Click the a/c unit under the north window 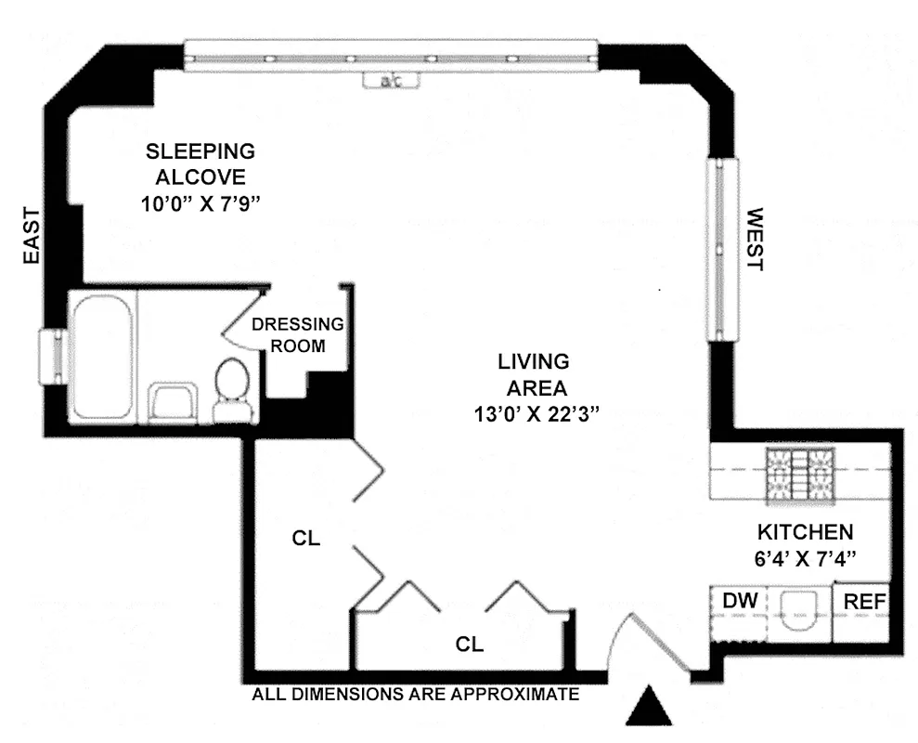click(x=390, y=82)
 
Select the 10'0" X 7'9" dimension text click(x=200, y=204)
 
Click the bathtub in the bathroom click(x=101, y=356)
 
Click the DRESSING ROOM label click(x=298, y=335)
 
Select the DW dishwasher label click(x=740, y=602)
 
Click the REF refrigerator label click(x=864, y=602)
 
